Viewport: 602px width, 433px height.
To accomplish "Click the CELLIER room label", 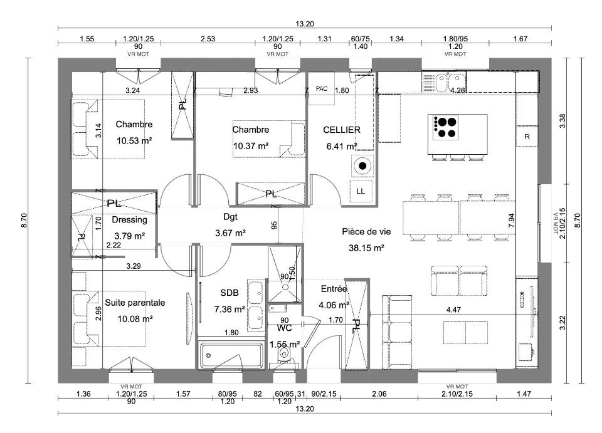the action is pyautogui.click(x=341, y=130).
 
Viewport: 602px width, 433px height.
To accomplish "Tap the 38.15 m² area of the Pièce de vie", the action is pyautogui.click(x=366, y=248).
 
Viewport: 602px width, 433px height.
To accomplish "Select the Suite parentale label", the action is pyautogui.click(x=135, y=303).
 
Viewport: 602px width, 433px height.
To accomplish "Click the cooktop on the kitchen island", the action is pyautogui.click(x=445, y=127).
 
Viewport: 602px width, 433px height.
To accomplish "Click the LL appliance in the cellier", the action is pyautogui.click(x=361, y=191).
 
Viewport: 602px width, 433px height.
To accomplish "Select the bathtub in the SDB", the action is pyautogui.click(x=231, y=355).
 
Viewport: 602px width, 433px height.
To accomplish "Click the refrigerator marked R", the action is pyautogui.click(x=527, y=136).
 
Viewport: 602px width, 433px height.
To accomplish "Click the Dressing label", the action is pyautogui.click(x=129, y=220).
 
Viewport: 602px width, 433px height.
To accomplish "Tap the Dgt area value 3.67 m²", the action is pyautogui.click(x=230, y=233).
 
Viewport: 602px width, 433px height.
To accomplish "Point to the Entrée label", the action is pyautogui.click(x=334, y=289).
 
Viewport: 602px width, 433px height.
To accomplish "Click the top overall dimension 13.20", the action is pyautogui.click(x=305, y=24).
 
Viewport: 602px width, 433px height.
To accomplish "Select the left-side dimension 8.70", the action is pyautogui.click(x=24, y=221).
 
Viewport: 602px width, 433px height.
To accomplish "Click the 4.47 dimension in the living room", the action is pyautogui.click(x=454, y=310).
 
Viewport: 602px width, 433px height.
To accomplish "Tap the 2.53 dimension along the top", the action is pyautogui.click(x=208, y=39).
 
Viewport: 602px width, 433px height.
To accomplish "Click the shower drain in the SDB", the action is pyautogui.click(x=285, y=286).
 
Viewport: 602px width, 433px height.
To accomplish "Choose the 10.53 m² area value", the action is pyautogui.click(x=134, y=141).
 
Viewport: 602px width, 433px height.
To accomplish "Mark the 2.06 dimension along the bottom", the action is pyautogui.click(x=379, y=394).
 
